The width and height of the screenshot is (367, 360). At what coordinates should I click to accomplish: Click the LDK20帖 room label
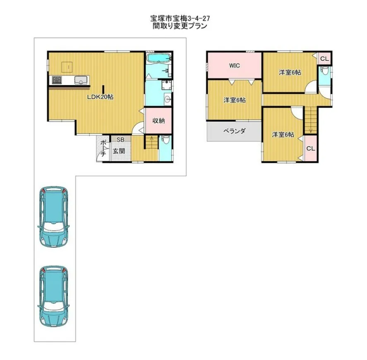pos(100,97)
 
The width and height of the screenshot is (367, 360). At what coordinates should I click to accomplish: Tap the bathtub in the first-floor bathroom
pos(158,57)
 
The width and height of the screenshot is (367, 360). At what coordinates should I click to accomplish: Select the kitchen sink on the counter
pos(81,81)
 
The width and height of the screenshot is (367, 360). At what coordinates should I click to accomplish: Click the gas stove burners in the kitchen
pos(57,80)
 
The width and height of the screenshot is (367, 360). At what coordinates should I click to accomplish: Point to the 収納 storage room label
pos(158,121)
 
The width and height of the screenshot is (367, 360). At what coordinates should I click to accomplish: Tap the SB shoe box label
pos(120,140)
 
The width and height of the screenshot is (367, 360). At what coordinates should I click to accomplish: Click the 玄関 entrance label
pos(119,151)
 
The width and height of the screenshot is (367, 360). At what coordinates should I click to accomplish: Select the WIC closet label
pos(234,65)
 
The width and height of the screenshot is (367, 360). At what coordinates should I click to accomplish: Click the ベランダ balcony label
pos(234,131)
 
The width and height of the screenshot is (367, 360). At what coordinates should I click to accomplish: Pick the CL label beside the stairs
pos(311,148)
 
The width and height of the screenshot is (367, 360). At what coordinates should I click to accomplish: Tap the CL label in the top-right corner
pos(324,59)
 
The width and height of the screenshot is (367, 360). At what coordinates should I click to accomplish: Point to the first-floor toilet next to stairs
pos(166,140)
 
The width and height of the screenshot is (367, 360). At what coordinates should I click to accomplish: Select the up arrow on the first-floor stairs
pos(151,139)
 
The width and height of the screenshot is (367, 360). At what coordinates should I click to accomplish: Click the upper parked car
pos(54,216)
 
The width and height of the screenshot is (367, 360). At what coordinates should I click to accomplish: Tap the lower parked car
pos(54,296)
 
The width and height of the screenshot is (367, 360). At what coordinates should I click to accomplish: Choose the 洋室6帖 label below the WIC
pos(235,100)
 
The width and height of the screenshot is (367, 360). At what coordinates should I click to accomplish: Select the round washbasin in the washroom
pos(168,99)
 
